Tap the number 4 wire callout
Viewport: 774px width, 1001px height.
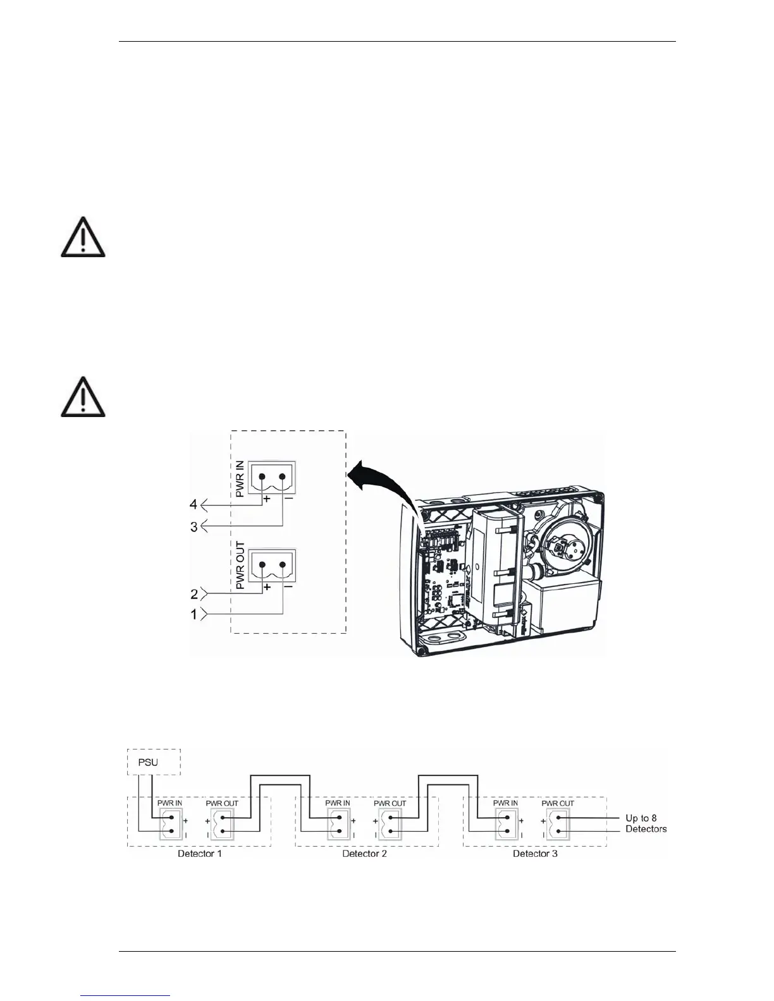(193, 504)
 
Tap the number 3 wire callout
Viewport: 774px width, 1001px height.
(194, 526)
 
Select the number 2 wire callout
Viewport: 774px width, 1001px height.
(194, 594)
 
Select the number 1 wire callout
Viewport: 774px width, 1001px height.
(194, 614)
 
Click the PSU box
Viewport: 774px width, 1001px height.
(154, 761)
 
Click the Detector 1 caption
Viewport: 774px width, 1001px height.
(199, 854)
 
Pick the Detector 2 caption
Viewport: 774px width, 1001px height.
(364, 854)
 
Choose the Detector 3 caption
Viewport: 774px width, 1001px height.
(535, 854)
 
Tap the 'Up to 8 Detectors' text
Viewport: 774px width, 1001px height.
(646, 823)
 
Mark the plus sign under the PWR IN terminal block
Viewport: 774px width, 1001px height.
(267, 499)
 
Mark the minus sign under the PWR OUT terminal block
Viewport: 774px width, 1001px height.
(288, 587)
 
